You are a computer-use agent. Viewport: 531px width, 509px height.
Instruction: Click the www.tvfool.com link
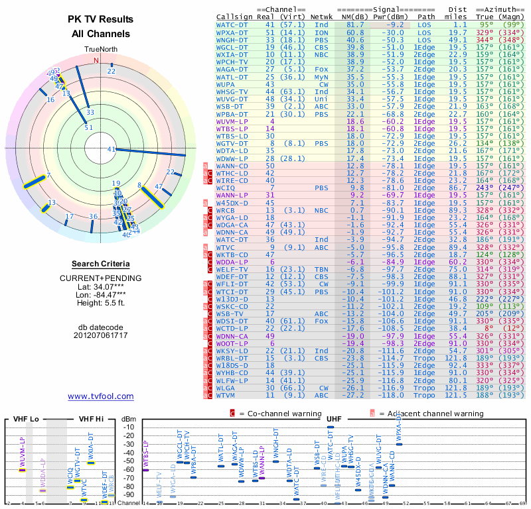[x=101, y=396]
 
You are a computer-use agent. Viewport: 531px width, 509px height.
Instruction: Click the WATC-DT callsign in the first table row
[x=232, y=24]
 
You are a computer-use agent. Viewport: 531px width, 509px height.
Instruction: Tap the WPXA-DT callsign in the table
[x=232, y=32]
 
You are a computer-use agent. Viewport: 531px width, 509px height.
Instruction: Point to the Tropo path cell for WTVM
[x=424, y=395]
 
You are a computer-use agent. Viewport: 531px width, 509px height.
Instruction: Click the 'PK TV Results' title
[x=100, y=19]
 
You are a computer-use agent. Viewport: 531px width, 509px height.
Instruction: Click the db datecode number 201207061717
[x=100, y=335]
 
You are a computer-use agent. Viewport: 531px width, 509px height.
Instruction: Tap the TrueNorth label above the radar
[x=100, y=50]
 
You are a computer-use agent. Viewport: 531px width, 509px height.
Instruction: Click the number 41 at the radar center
[x=112, y=150]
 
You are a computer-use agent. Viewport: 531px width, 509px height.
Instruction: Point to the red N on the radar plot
[x=96, y=60]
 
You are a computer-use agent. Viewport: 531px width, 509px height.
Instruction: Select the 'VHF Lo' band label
[x=26, y=420]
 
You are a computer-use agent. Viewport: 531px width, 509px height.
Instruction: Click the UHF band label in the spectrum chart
[x=335, y=419]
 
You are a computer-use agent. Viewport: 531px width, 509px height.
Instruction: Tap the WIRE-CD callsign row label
[x=232, y=180]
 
